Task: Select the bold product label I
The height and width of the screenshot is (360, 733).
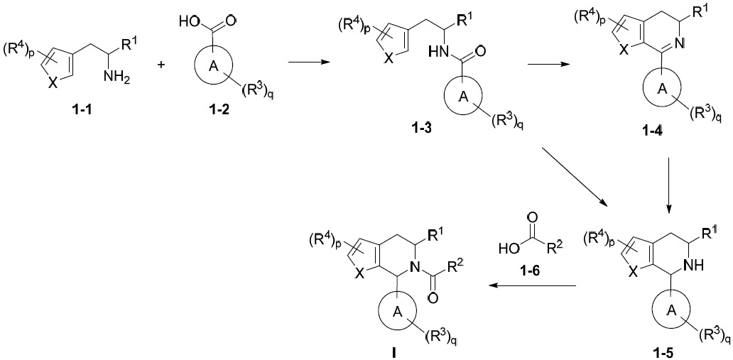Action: [x=394, y=354]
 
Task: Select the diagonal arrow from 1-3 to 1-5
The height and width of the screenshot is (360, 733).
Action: [x=575, y=178]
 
